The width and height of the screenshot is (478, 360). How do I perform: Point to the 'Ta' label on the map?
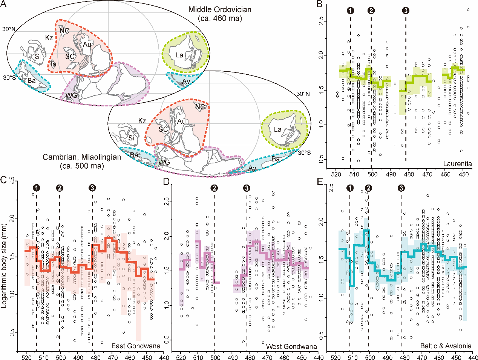point(53,64)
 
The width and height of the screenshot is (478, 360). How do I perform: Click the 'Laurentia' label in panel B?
point(457,164)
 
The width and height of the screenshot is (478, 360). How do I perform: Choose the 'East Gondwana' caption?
point(136,346)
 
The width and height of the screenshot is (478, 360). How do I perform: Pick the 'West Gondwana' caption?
point(291,346)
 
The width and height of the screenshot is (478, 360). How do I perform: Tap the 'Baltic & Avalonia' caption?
point(446,346)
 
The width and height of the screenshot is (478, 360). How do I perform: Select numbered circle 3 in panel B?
point(406,11)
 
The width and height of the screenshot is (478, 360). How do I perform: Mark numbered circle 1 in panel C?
point(36,188)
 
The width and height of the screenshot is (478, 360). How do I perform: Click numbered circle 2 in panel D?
point(214,188)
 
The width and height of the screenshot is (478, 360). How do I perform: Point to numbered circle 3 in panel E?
point(401,188)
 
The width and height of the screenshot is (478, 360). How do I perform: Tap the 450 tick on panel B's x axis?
point(464,174)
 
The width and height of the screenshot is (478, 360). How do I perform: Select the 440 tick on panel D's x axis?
point(318,357)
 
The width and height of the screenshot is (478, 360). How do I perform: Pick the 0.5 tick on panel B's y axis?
point(321,160)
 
